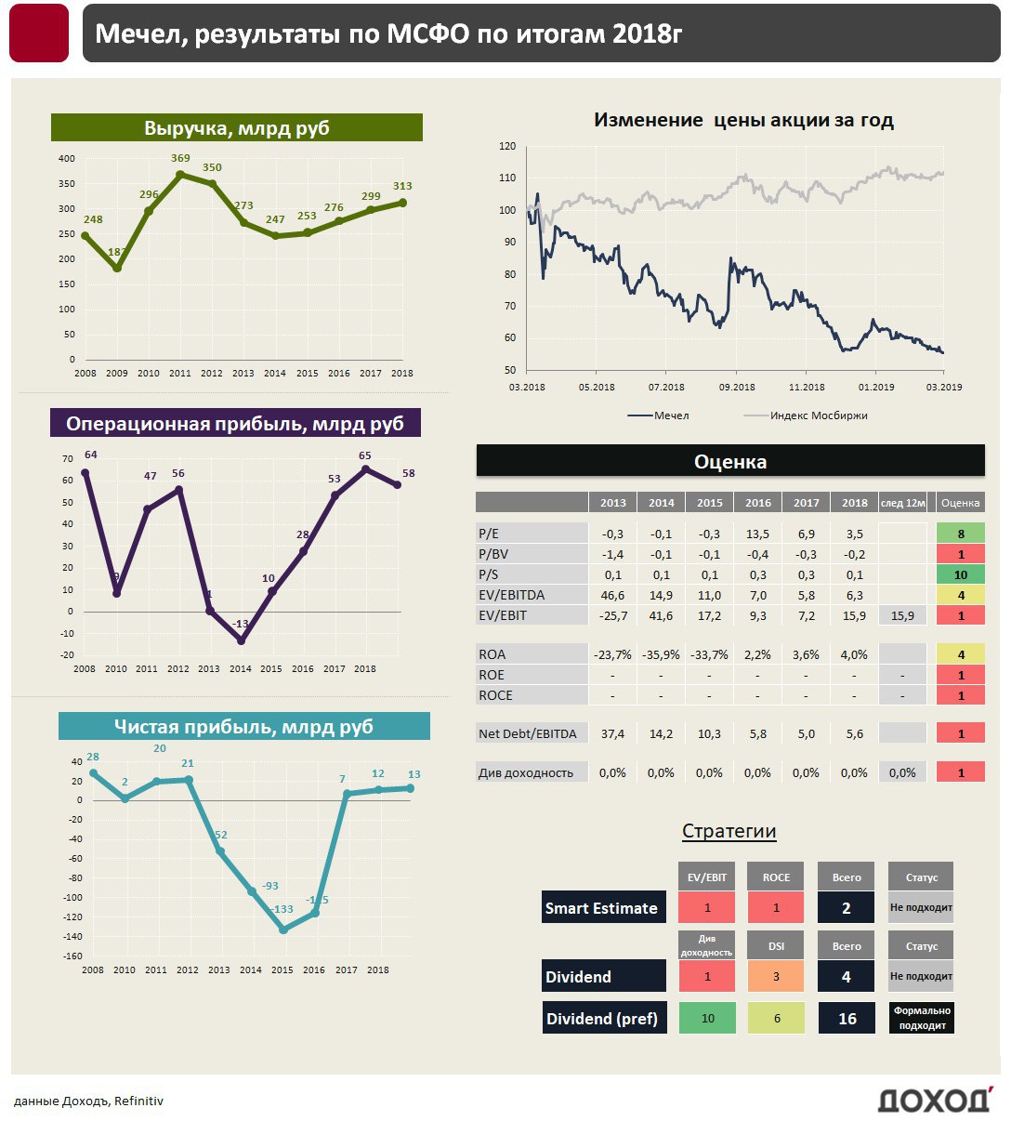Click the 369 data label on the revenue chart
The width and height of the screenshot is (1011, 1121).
click(180, 159)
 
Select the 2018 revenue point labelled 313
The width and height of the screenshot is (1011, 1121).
click(402, 203)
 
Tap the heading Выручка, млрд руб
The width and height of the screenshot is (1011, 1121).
click(237, 128)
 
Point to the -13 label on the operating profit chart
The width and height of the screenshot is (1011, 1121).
click(241, 624)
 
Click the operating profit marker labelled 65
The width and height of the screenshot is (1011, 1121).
click(365, 469)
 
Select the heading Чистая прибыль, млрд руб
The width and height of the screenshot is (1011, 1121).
click(243, 727)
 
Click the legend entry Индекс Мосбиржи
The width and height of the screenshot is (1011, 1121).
click(818, 415)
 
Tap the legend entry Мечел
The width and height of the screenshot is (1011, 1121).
click(671, 415)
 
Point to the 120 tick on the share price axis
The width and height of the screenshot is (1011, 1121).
click(507, 146)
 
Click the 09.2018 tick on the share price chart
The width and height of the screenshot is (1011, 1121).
click(737, 387)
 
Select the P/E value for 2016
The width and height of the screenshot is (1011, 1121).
click(757, 534)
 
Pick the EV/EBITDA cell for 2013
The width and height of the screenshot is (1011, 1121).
click(612, 596)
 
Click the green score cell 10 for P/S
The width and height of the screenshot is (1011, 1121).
click(961, 575)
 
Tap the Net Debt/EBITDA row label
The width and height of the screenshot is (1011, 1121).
click(527, 734)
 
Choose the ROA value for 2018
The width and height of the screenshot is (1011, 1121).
click(854, 655)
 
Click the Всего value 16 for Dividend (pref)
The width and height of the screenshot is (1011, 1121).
click(847, 1019)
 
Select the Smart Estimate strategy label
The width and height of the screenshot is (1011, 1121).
click(601, 908)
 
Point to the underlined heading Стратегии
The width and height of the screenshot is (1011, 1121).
click(729, 831)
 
